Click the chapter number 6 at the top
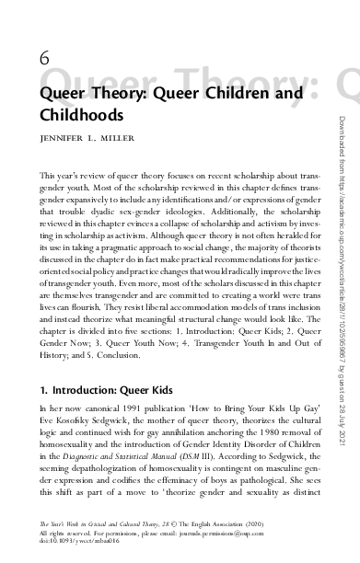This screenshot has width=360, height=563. (x=45, y=57)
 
